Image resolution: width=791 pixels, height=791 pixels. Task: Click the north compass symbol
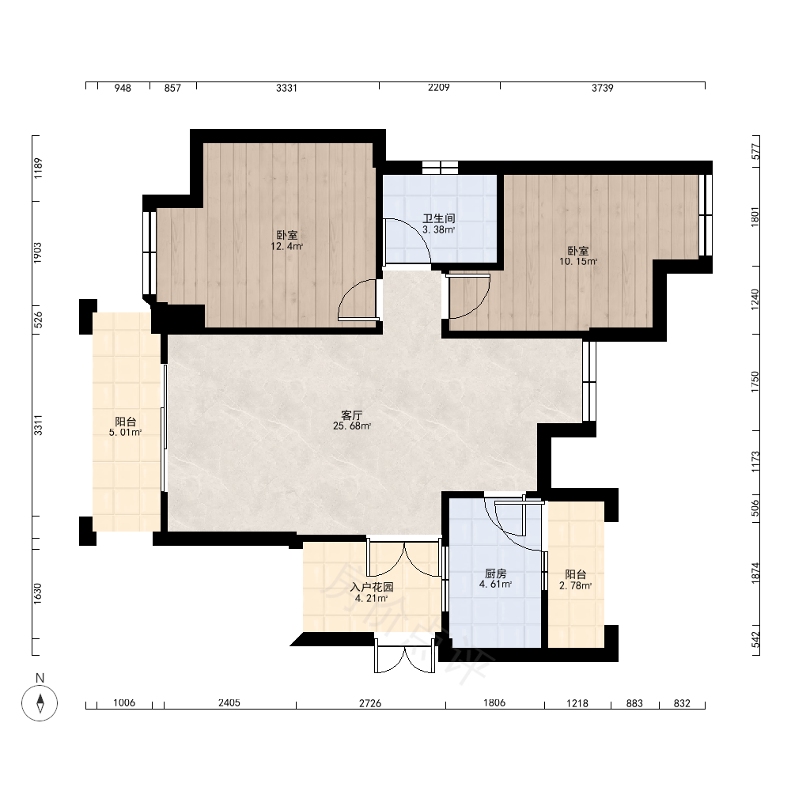tap(40, 702)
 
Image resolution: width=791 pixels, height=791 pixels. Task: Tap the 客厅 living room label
tap(352, 415)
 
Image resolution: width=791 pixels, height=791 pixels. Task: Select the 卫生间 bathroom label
tap(439, 218)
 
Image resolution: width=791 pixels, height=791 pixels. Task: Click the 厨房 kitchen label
tap(495, 573)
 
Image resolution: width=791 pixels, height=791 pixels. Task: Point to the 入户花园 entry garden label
tap(372, 587)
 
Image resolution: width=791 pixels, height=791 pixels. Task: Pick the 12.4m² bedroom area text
tap(287, 247)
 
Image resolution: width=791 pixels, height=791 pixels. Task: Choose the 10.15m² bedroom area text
tap(578, 262)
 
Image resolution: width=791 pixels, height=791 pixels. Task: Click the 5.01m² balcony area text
tap(125, 433)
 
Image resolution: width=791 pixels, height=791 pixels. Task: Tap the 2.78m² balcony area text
tap(576, 585)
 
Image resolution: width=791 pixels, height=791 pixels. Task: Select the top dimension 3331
tap(286, 88)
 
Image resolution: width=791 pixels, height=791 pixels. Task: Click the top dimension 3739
tap(602, 88)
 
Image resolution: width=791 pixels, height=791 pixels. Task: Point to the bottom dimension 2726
tap(370, 703)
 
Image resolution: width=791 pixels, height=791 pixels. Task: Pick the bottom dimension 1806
tap(494, 702)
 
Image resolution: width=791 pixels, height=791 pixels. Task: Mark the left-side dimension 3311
tap(38, 425)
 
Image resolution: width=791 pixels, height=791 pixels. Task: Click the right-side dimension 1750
tap(755, 382)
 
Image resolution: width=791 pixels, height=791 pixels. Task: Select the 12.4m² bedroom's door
tap(358, 300)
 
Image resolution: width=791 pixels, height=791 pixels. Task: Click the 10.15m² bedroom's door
tap(468, 297)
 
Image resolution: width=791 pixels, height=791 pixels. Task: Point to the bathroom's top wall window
tap(440, 168)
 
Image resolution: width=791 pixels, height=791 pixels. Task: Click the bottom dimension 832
tap(682, 703)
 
